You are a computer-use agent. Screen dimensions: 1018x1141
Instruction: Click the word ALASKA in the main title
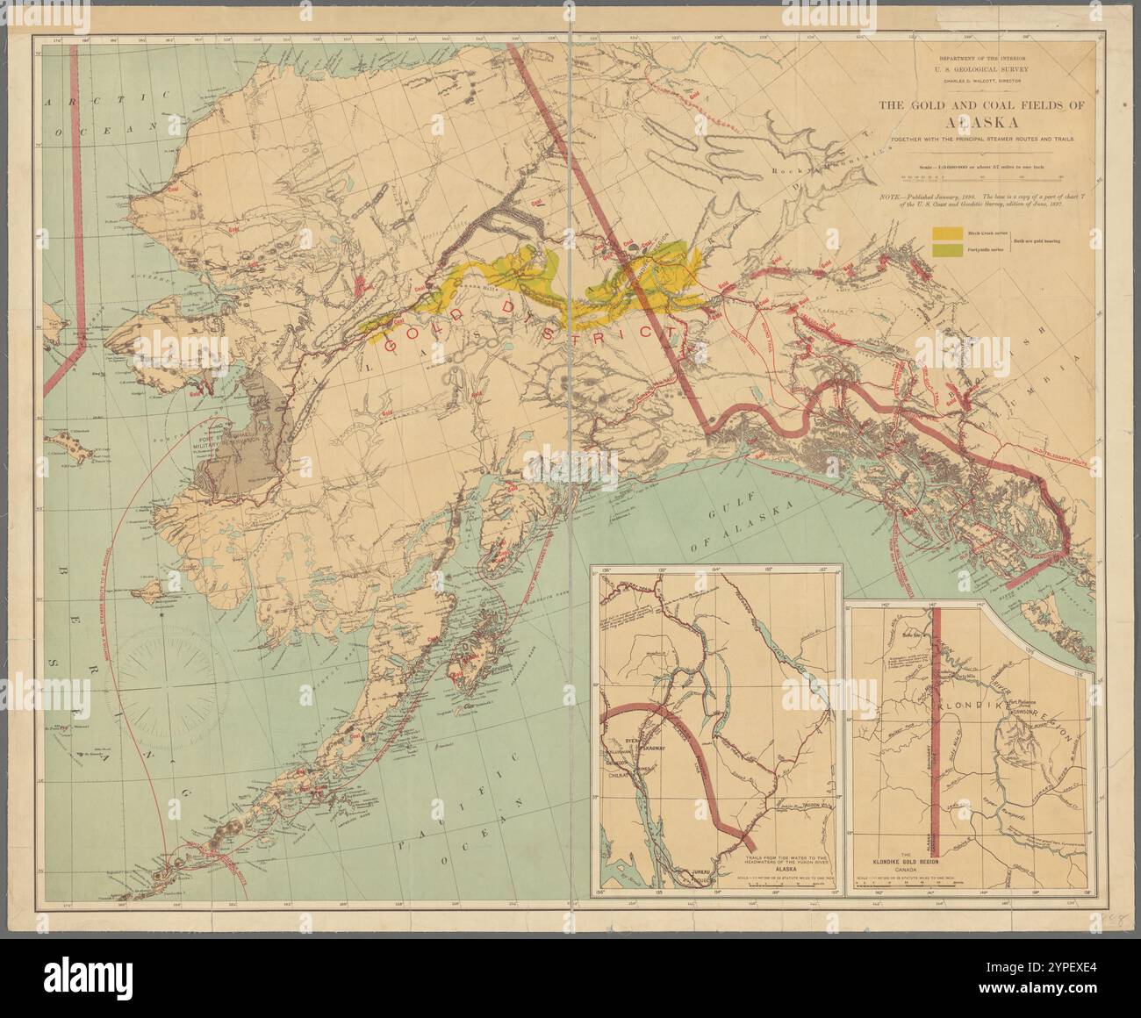tap(982, 122)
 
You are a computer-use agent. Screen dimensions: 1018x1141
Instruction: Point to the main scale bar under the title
tap(982, 176)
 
